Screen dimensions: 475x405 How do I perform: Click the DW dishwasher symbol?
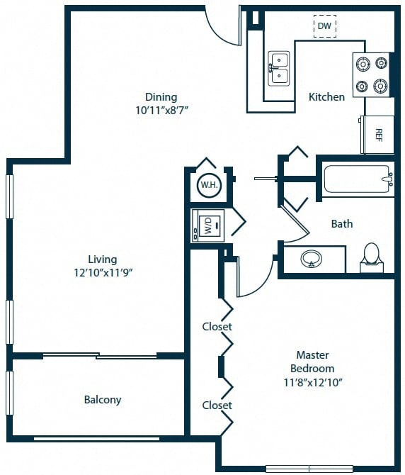click(x=324, y=26)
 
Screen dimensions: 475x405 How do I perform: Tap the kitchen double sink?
click(x=279, y=68)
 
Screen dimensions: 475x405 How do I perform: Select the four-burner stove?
click(x=372, y=74)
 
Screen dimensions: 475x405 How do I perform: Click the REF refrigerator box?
click(x=377, y=134)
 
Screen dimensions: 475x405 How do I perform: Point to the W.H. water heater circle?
click(x=207, y=186)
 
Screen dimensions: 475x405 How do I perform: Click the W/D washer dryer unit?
click(x=208, y=226)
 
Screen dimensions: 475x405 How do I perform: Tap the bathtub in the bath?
click(x=358, y=179)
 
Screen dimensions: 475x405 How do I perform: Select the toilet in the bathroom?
click(x=372, y=258)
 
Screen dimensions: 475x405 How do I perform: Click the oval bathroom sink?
click(x=312, y=260)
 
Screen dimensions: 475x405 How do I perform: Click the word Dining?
click(x=161, y=97)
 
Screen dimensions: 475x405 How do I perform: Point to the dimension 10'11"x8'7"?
click(x=161, y=110)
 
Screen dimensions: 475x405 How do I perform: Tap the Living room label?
click(x=103, y=259)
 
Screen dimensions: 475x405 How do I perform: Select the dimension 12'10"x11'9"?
click(x=103, y=273)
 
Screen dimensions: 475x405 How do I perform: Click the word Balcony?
click(x=103, y=400)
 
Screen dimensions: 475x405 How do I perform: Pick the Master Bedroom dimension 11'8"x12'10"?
click(x=312, y=381)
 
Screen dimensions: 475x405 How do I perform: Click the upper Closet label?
click(x=217, y=327)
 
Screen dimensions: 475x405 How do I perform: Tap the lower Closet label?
click(x=217, y=406)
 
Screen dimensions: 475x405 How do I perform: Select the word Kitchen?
click(x=326, y=96)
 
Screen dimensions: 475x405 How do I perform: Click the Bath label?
click(x=342, y=224)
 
